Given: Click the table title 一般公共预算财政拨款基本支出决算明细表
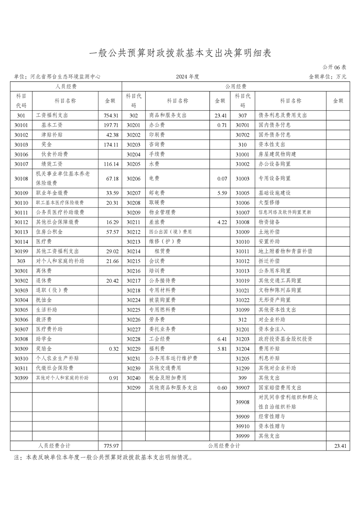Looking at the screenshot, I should (x=180, y=53).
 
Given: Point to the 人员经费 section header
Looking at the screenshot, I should (x=66, y=86).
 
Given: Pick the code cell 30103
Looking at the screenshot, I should (x=21, y=145).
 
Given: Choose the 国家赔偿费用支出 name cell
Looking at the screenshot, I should (x=280, y=388).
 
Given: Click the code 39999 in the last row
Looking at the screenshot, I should (x=243, y=436).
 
